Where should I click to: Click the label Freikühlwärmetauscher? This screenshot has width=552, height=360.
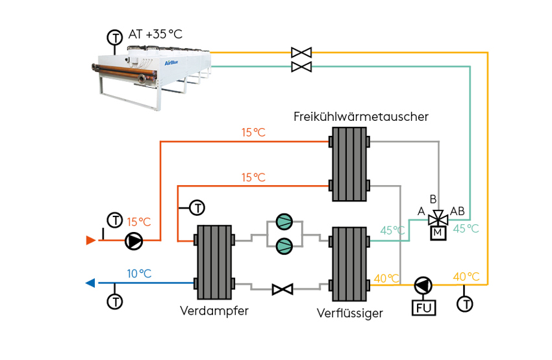tap(360, 117)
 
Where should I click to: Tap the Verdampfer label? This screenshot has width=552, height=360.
tap(214, 311)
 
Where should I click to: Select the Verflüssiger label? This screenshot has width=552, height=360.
tap(349, 313)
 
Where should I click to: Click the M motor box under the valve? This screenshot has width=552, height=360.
tap(438, 233)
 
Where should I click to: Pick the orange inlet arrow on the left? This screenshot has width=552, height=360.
tap(91, 240)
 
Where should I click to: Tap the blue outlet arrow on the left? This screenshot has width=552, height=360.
tap(90, 283)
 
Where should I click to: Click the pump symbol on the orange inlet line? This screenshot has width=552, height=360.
tap(134, 241)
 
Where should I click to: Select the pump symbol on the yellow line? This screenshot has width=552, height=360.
tap(423, 285)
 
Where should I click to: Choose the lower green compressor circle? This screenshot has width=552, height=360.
tap(284, 246)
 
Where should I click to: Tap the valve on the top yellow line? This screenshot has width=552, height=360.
tap(301, 52)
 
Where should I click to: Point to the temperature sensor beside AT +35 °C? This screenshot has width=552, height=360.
tap(115, 37)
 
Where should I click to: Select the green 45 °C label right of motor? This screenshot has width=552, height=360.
tap(466, 228)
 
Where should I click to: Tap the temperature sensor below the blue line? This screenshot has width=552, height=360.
tap(115, 302)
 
